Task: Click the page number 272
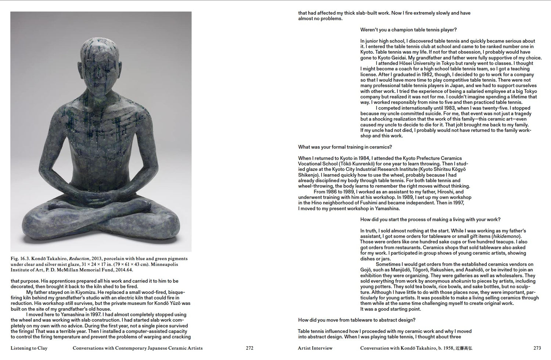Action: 249,348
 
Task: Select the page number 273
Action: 537,348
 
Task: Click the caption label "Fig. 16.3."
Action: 20,259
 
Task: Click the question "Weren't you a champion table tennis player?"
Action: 408,30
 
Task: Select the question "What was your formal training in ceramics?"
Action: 345,147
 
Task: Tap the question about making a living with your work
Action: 430,219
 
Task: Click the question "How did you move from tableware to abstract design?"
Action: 357,320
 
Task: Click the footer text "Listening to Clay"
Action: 29,348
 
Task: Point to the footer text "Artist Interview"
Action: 315,348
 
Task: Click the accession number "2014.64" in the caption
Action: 124,270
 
